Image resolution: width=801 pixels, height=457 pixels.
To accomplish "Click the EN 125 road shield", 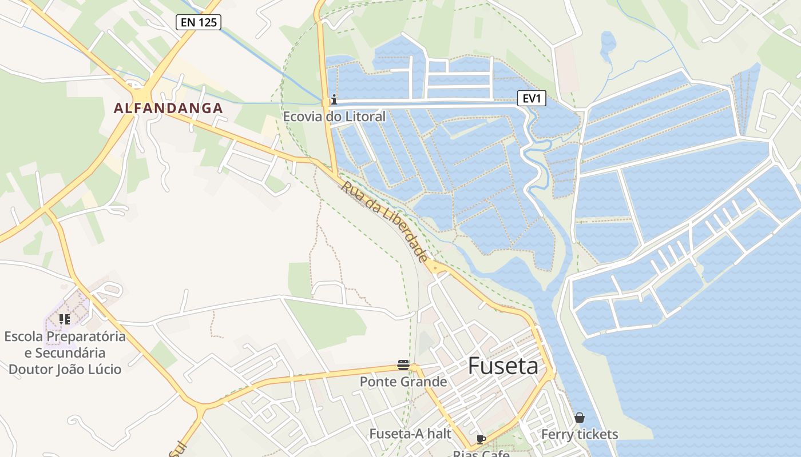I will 198,22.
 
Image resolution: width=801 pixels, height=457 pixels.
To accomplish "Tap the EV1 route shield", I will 532,98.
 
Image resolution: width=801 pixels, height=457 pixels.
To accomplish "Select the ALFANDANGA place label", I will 168,108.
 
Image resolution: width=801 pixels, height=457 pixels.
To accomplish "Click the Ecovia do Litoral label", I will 334,117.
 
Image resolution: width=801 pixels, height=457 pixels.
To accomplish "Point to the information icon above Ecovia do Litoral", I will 334,100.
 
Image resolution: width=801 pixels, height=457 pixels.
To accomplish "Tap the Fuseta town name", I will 503,366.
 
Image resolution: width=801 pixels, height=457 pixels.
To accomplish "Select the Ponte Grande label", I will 403,381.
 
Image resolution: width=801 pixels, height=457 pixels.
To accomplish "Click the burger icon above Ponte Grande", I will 403,365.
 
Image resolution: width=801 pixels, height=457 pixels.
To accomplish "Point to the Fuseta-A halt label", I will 410,434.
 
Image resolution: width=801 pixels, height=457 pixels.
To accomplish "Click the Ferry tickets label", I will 580,434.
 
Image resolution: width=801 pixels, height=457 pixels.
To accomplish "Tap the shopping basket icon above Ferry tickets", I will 580,418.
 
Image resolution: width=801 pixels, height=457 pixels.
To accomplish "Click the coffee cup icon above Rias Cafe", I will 481,439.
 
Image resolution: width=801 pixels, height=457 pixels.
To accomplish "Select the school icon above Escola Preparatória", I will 65,319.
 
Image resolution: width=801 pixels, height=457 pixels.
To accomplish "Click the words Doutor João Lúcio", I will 65,369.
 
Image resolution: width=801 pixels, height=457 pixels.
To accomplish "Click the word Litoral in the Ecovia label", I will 364,117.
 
